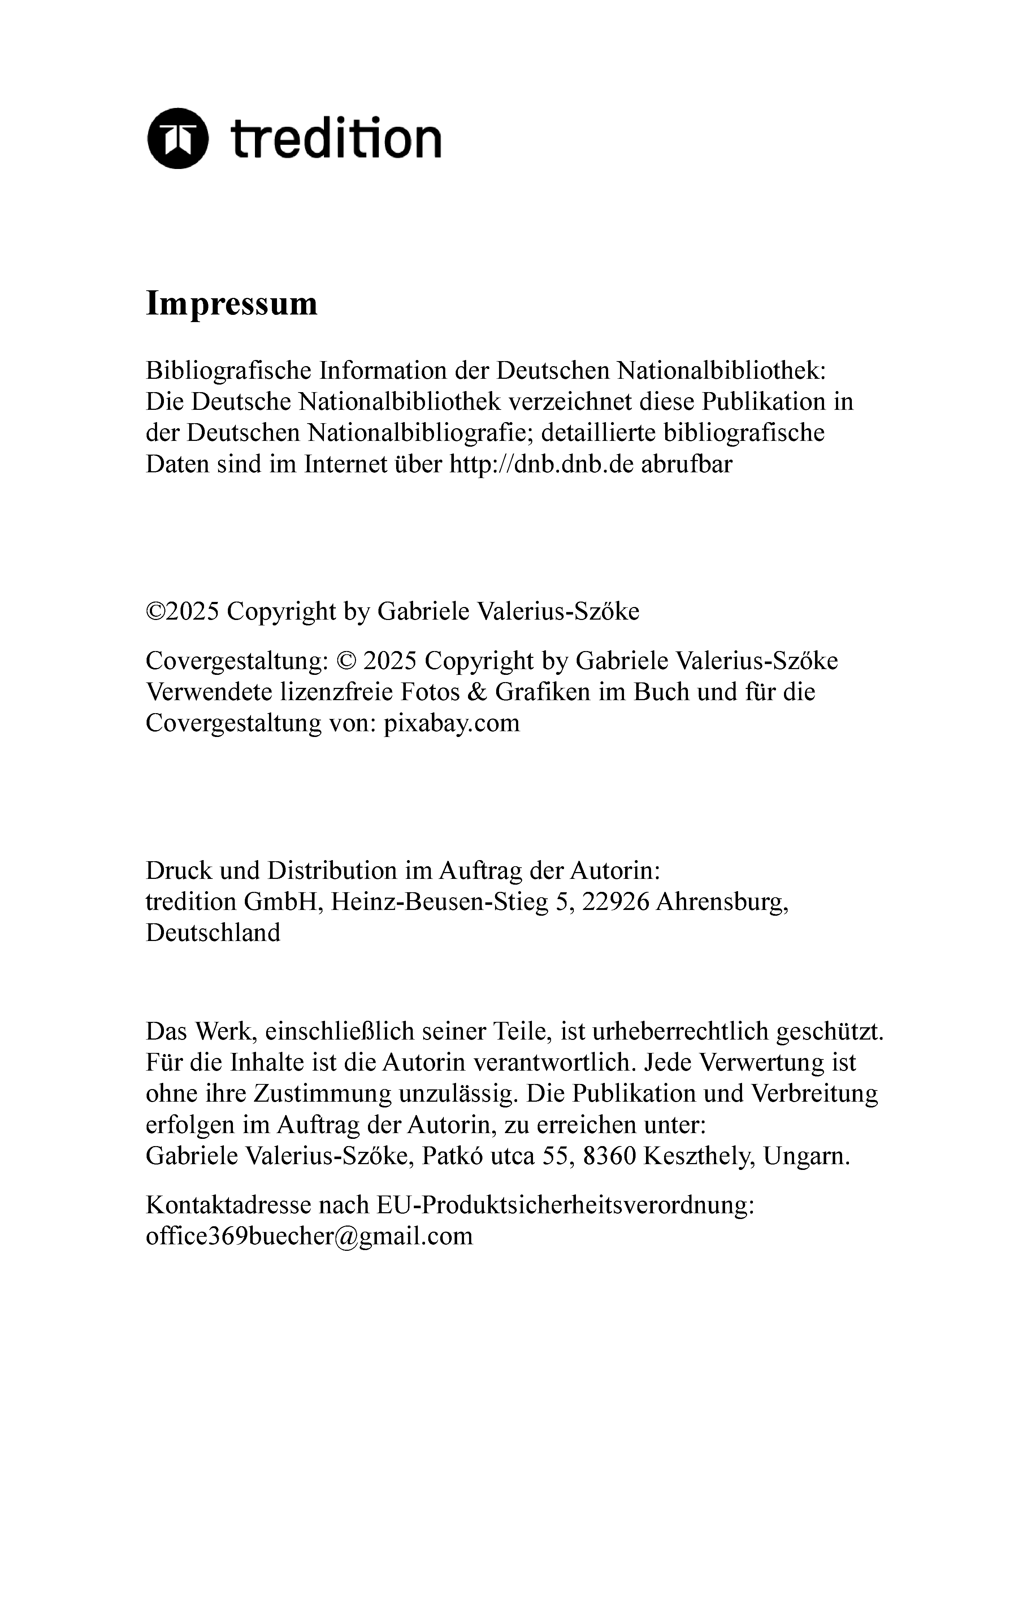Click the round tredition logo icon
click(x=177, y=138)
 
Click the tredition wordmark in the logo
click(x=335, y=138)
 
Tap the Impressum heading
click(x=231, y=304)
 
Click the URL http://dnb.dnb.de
click(x=541, y=464)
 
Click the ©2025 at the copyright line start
click(x=182, y=612)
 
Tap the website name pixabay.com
click(x=451, y=723)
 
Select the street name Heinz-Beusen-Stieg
click(x=440, y=902)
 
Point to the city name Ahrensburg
click(x=721, y=902)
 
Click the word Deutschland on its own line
click(x=213, y=933)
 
